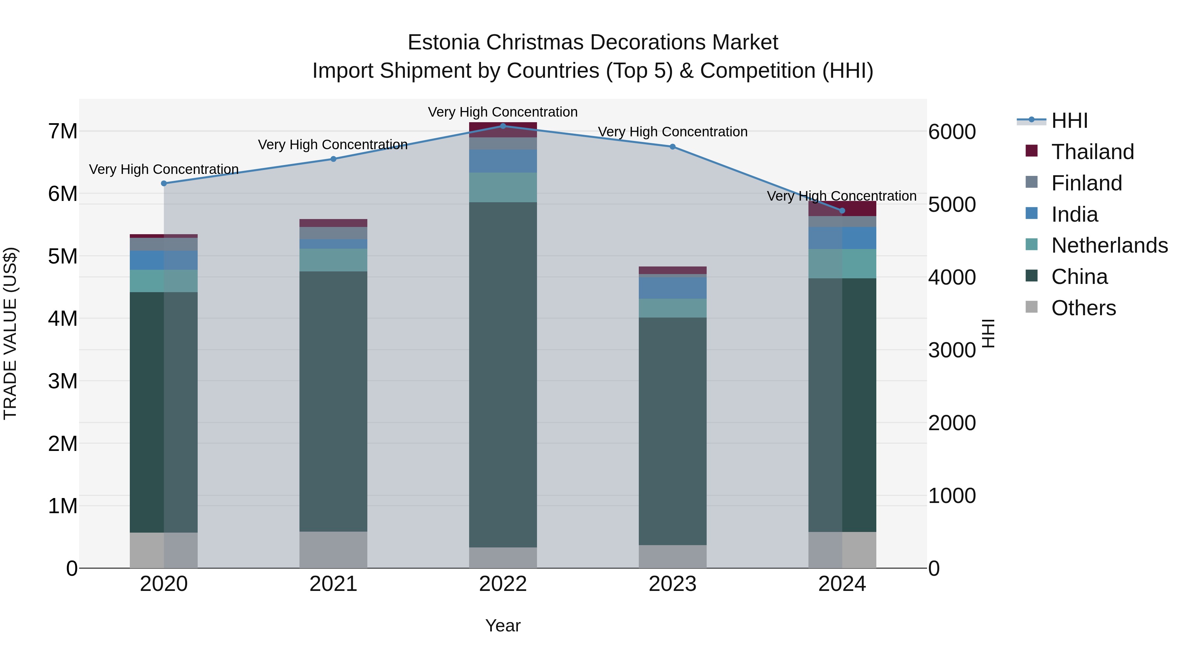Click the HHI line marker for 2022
click(x=503, y=126)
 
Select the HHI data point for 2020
click(x=164, y=183)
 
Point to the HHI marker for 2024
click(x=842, y=211)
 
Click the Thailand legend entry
click(x=1092, y=152)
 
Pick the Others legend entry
click(x=1083, y=308)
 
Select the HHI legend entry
click(x=1069, y=121)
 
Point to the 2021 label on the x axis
click(x=333, y=584)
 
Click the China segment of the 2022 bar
click(x=503, y=374)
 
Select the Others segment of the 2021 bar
click(x=333, y=550)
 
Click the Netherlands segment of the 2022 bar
click(x=503, y=187)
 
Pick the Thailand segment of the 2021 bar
click(x=333, y=223)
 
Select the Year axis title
click(x=503, y=625)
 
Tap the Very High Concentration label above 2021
click(x=332, y=145)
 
